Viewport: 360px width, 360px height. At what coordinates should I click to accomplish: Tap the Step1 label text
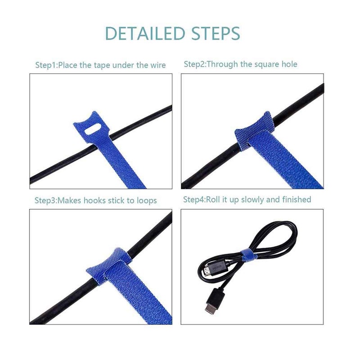(46, 65)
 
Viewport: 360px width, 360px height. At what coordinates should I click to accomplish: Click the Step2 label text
(194, 64)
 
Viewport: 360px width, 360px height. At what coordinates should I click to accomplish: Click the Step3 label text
(46, 200)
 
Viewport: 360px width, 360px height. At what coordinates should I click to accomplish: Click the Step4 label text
(194, 199)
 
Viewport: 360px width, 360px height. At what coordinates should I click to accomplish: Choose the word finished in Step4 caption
(296, 199)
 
